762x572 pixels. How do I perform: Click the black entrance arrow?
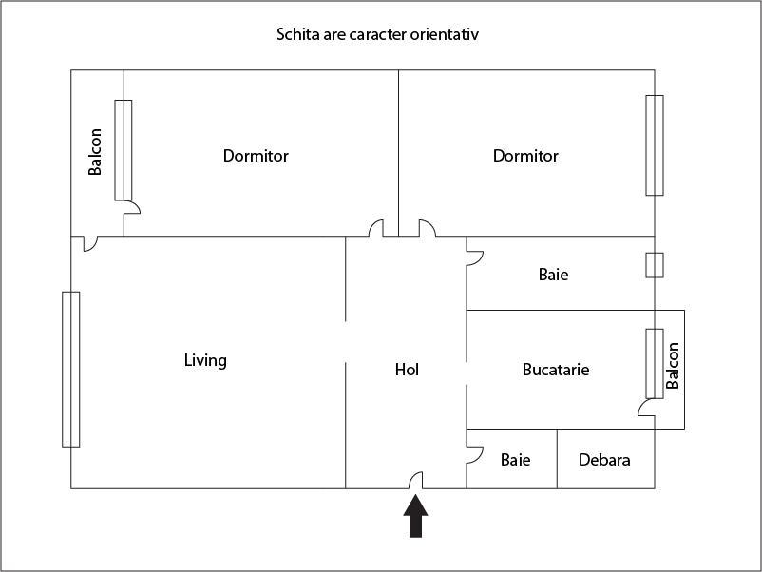pyautogui.click(x=416, y=518)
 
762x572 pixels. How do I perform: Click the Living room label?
pyautogui.click(x=205, y=360)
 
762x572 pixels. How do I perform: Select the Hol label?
pyautogui.click(x=407, y=369)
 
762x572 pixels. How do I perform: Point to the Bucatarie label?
pyautogui.click(x=556, y=369)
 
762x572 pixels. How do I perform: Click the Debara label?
pyautogui.click(x=604, y=460)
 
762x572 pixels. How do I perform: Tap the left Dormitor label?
pyautogui.click(x=256, y=155)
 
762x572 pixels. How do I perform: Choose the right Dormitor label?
pyautogui.click(x=525, y=155)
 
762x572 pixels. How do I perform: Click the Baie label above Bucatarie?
pyautogui.click(x=553, y=275)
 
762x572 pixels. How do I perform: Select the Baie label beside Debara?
pyautogui.click(x=515, y=460)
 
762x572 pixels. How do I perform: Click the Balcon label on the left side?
pyautogui.click(x=95, y=152)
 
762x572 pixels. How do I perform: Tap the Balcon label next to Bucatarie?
pyautogui.click(x=673, y=366)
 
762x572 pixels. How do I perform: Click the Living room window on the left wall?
pyautogui.click(x=71, y=369)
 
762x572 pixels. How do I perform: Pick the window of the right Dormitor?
pyautogui.click(x=654, y=144)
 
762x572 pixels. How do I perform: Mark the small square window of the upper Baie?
pyautogui.click(x=654, y=264)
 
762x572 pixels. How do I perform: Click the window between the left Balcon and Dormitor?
pyautogui.click(x=124, y=150)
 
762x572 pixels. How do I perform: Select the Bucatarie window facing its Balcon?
pyautogui.click(x=654, y=363)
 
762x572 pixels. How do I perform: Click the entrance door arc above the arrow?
pyautogui.click(x=416, y=480)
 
